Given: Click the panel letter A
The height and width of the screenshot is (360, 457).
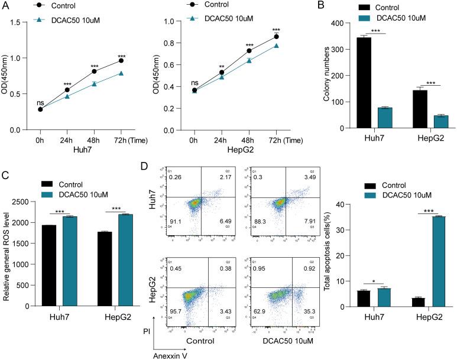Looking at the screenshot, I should click(x=6, y=6).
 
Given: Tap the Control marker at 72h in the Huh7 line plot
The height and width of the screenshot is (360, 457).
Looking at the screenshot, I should click(x=121, y=60).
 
